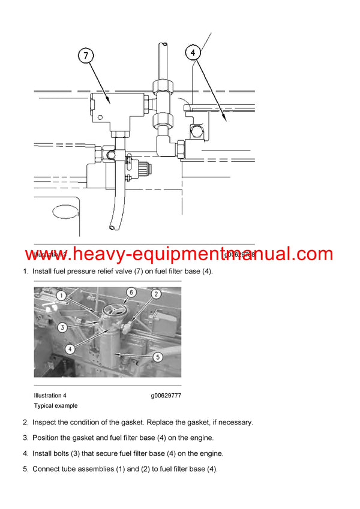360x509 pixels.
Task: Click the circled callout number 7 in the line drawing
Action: point(86,56)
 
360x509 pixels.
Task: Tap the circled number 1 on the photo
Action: point(60,296)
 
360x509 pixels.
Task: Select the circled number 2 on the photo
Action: point(155,294)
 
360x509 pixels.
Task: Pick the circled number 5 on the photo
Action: point(158,357)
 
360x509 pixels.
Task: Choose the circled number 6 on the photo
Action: point(131,292)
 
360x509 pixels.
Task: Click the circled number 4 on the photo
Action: point(70,348)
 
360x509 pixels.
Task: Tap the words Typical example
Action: point(56,406)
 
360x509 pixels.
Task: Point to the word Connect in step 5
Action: point(47,469)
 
